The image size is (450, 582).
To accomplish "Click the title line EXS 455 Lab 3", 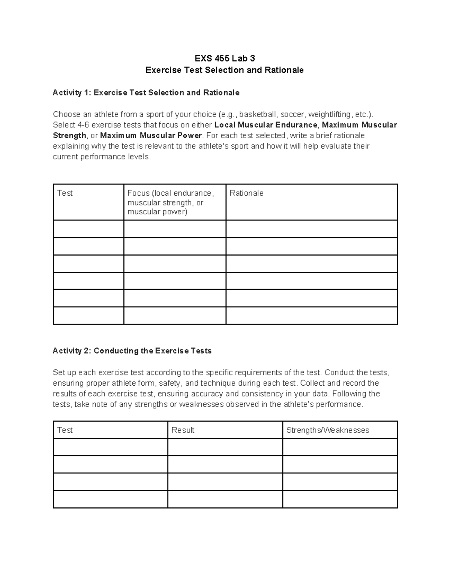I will click(225, 58).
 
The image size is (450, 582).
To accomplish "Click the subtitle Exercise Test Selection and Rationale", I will click(225, 70).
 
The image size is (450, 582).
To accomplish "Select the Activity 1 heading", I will click(146, 93).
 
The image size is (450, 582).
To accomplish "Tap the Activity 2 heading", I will click(132, 351).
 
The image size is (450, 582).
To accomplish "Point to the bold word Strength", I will click(69, 135).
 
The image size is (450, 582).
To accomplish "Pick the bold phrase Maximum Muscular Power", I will click(151, 135).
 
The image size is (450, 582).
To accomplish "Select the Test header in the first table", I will click(65, 193).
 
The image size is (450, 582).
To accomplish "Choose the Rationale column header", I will click(246, 193).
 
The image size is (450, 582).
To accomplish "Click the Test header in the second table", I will click(65, 430).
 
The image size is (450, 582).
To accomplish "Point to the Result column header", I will click(183, 430).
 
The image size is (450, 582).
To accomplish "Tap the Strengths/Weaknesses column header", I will click(327, 430).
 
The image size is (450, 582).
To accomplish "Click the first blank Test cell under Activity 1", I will click(88, 229).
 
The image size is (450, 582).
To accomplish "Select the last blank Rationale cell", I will click(312, 316).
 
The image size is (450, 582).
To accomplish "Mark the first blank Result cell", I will click(225, 447).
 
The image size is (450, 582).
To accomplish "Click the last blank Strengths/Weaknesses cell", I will click(340, 499).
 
